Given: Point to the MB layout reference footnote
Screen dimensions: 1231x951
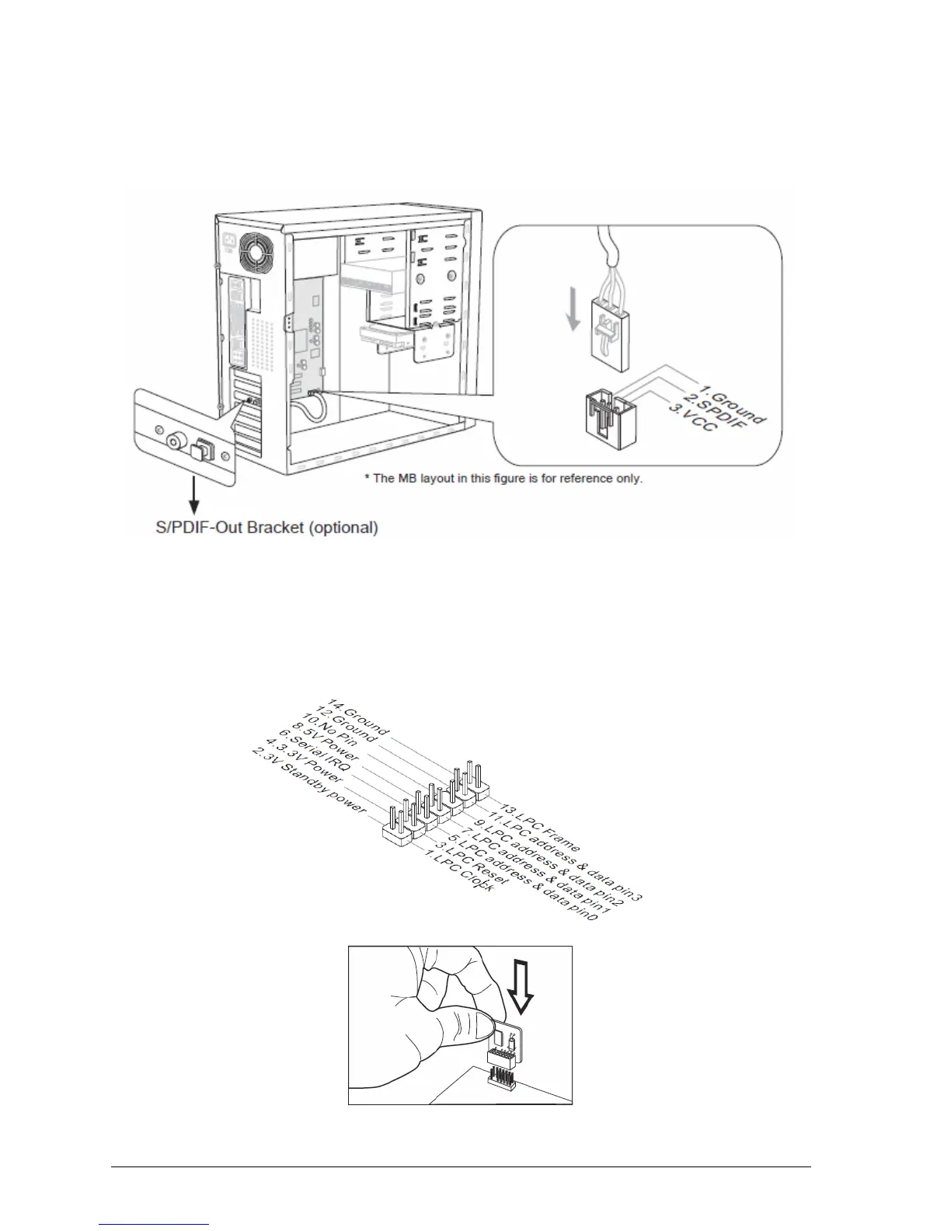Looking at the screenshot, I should tap(503, 478).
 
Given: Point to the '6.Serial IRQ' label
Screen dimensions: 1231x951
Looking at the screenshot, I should tap(317, 758).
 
